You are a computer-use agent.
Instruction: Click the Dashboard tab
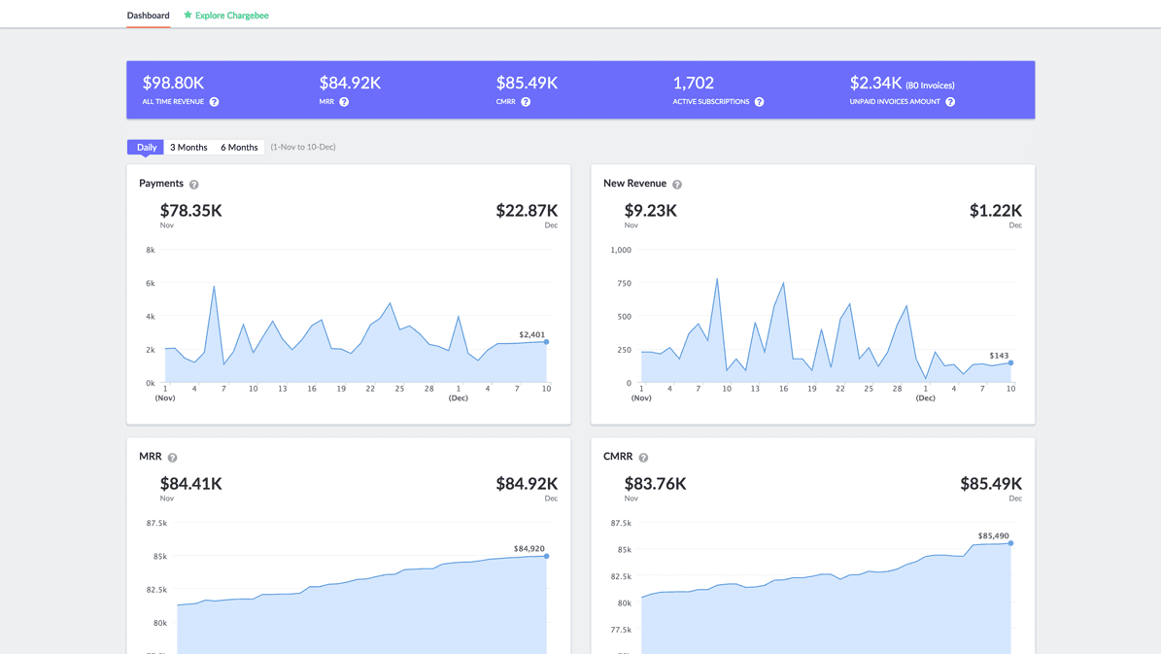[148, 16]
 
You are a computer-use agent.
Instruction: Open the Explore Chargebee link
[226, 16]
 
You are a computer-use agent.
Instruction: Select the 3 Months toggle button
[188, 148]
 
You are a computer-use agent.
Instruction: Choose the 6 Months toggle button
[239, 148]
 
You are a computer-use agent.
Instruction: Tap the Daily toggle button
[146, 148]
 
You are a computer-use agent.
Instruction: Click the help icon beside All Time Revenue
[215, 102]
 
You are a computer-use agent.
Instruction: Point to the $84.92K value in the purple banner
[350, 84]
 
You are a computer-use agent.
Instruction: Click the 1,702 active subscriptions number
[693, 84]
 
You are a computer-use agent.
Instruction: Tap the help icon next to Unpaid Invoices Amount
[950, 102]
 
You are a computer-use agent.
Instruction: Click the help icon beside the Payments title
[194, 185]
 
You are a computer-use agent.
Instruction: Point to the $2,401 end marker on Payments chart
[547, 342]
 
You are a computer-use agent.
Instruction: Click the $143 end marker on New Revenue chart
[1011, 363]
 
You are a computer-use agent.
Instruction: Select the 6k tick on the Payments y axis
[151, 284]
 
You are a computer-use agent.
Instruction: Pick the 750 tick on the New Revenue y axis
[624, 284]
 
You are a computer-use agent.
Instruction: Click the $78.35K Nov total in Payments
[191, 211]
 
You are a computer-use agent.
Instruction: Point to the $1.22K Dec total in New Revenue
[995, 211]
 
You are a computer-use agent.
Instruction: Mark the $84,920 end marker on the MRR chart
[547, 556]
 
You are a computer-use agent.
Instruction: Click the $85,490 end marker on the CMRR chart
[1011, 543]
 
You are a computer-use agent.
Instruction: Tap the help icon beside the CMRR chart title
[643, 458]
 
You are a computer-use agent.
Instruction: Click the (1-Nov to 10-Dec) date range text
[303, 148]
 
